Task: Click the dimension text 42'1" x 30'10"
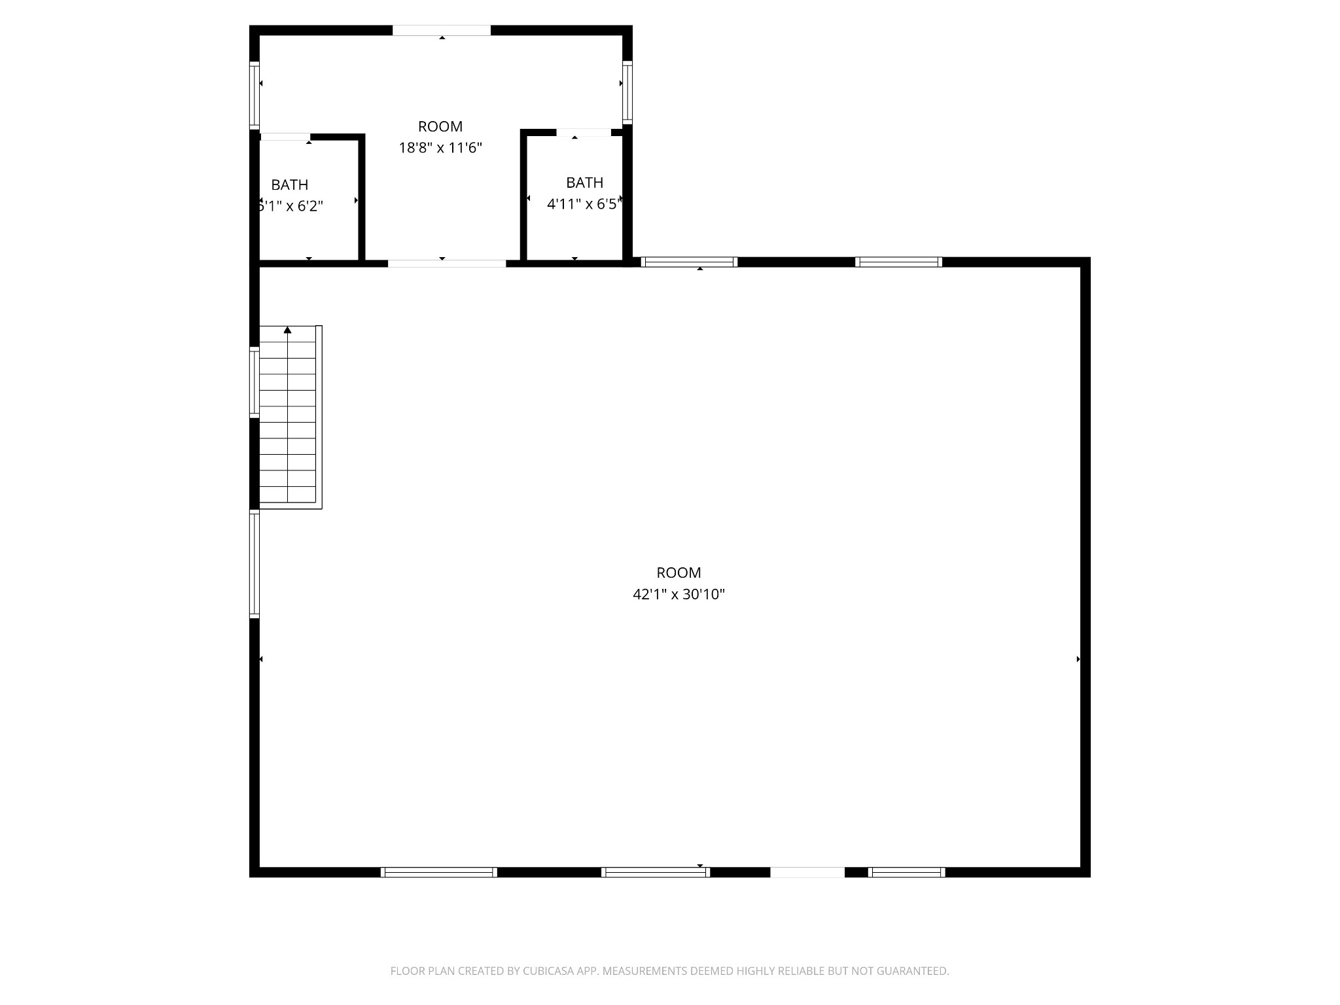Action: pyautogui.click(x=679, y=594)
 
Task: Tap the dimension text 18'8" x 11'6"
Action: pyautogui.click(x=440, y=148)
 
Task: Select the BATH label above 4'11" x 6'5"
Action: pyautogui.click(x=584, y=183)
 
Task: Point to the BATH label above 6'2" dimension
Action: pyautogui.click(x=289, y=185)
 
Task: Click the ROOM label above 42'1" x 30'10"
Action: pyautogui.click(x=679, y=573)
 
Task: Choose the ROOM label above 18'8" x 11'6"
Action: pyautogui.click(x=440, y=126)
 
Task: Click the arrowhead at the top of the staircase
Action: pyautogui.click(x=287, y=330)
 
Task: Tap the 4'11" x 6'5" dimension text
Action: pyautogui.click(x=584, y=204)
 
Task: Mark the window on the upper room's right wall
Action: pyautogui.click(x=627, y=92)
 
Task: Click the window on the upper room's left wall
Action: pyautogui.click(x=255, y=94)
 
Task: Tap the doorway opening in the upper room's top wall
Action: pyautogui.click(x=442, y=30)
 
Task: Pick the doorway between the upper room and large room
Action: pyautogui.click(x=447, y=264)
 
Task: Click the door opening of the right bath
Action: pyautogui.click(x=583, y=133)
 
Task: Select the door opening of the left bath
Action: pyautogui.click(x=285, y=137)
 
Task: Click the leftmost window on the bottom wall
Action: pyautogui.click(x=438, y=872)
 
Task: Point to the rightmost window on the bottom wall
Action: pyautogui.click(x=906, y=872)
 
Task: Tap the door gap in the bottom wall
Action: pyautogui.click(x=807, y=872)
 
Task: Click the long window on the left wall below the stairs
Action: pyautogui.click(x=255, y=564)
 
